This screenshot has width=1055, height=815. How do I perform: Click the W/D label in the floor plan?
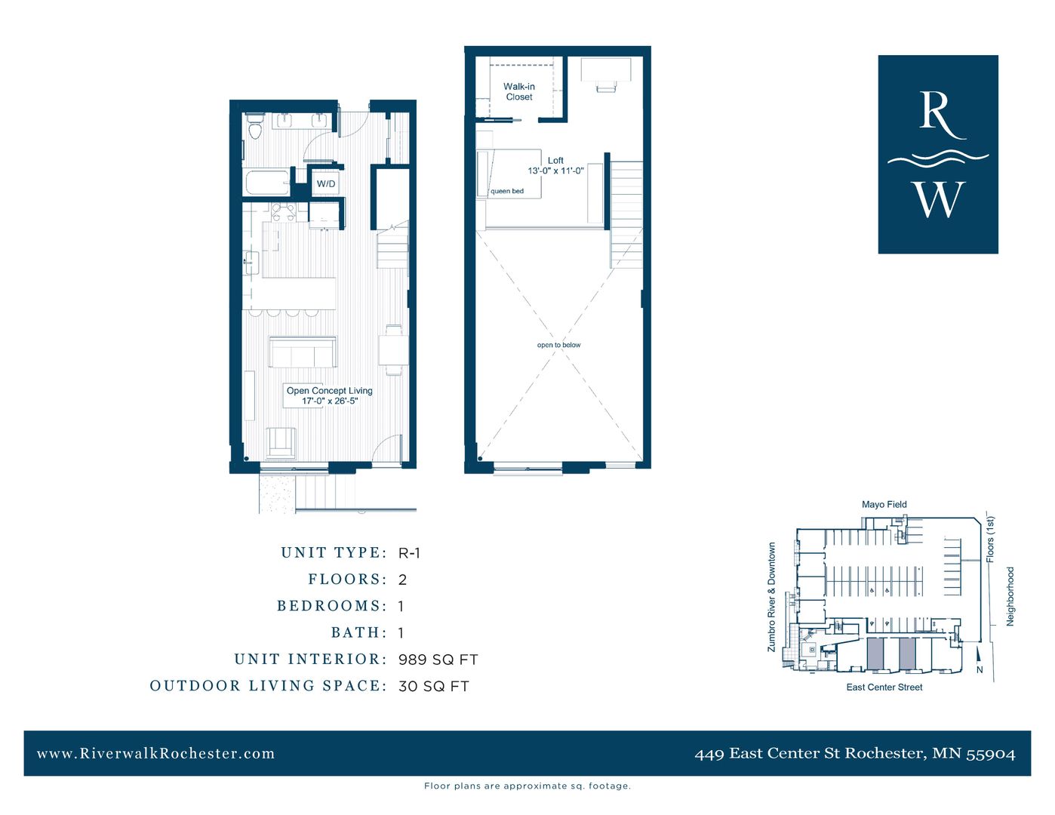(x=326, y=184)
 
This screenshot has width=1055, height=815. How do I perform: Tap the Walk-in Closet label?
(x=519, y=92)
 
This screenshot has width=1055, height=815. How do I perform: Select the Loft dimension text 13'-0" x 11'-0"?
(x=555, y=171)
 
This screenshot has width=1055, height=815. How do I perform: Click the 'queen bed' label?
(x=507, y=192)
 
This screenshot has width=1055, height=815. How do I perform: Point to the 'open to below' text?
(x=558, y=345)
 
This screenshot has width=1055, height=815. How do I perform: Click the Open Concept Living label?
(x=329, y=391)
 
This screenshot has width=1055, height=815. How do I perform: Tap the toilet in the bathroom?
(x=254, y=128)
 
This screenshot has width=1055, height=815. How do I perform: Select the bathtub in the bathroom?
(x=267, y=183)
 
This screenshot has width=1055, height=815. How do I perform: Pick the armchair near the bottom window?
(x=281, y=442)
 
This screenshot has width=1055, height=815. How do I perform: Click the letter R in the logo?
(x=938, y=115)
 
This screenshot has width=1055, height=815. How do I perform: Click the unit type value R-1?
(x=409, y=553)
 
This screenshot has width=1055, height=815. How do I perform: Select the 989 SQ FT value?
(x=438, y=660)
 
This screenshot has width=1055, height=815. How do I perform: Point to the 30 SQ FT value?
(x=433, y=687)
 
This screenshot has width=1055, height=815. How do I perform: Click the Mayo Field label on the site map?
(x=884, y=504)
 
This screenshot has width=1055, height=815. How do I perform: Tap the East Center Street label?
(x=884, y=687)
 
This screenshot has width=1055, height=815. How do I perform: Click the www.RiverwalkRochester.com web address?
(x=155, y=753)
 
